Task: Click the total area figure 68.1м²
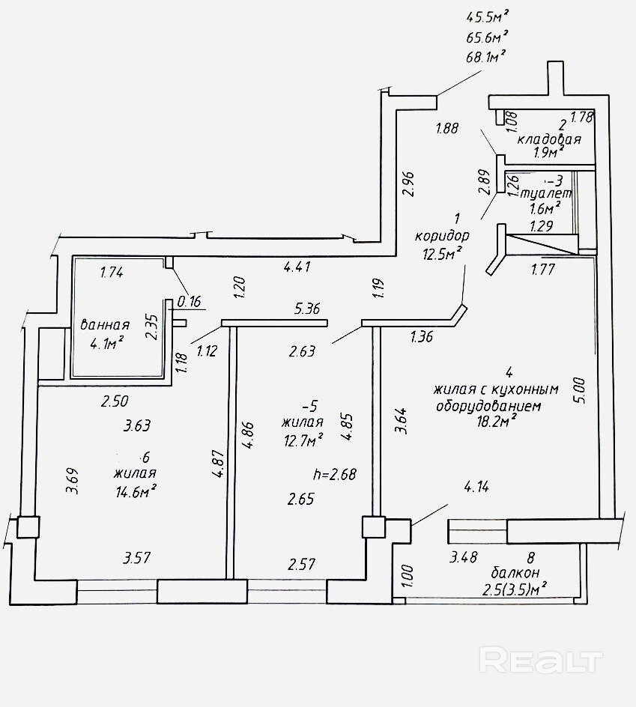[x=485, y=57]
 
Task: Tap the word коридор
[x=442, y=236]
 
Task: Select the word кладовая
[x=549, y=139]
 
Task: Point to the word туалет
[x=546, y=194]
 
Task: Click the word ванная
[x=105, y=324]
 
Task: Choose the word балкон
[x=515, y=573]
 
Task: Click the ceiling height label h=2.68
[x=335, y=474]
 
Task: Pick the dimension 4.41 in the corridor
[x=297, y=267]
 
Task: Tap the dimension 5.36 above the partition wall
[x=306, y=309]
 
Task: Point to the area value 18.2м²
[x=496, y=422]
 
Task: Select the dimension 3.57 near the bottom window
[x=136, y=558]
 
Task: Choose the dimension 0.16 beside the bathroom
[x=189, y=301]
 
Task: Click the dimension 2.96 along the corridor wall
[x=408, y=184]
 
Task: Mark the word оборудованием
[x=488, y=405]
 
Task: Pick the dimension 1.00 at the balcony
[x=408, y=576]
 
